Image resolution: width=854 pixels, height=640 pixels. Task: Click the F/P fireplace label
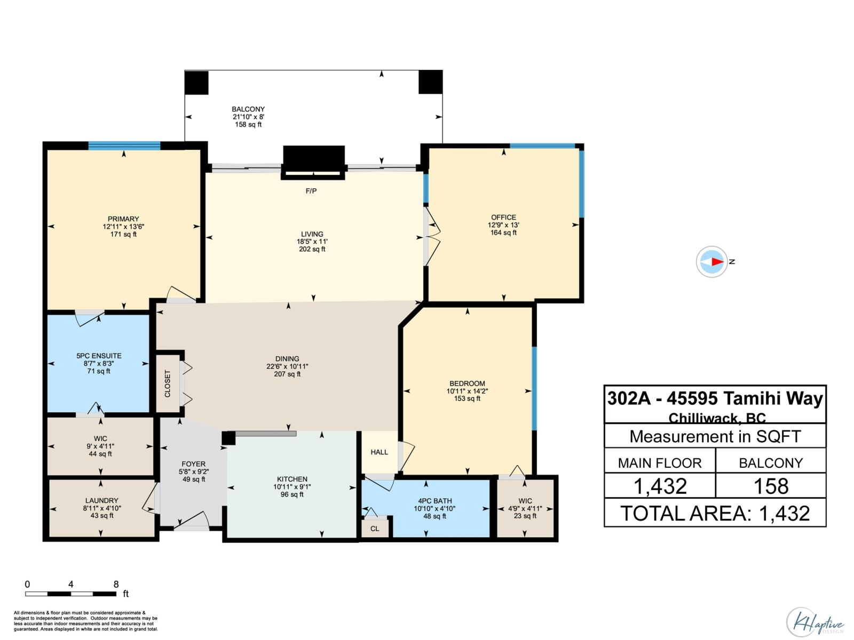click(x=311, y=191)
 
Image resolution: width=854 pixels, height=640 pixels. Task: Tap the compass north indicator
click(x=711, y=261)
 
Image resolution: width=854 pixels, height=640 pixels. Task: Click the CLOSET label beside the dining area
click(x=168, y=383)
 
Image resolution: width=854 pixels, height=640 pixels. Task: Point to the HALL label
click(x=379, y=452)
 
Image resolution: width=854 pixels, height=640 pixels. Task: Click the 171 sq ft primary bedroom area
click(x=123, y=234)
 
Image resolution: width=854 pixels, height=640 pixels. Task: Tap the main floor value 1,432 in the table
click(x=660, y=486)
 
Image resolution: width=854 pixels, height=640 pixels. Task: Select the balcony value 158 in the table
click(x=771, y=486)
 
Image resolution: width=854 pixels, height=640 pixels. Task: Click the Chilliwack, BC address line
click(x=717, y=418)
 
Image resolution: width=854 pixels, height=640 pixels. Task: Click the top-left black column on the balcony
click(x=196, y=82)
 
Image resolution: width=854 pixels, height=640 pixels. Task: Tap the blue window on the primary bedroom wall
click(x=124, y=146)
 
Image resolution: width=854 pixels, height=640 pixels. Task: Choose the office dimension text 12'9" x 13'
click(x=503, y=225)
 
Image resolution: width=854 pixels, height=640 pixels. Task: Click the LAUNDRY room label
click(x=101, y=500)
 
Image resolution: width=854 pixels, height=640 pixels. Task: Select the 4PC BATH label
click(x=434, y=501)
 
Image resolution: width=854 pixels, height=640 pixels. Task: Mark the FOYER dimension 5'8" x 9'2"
click(x=193, y=472)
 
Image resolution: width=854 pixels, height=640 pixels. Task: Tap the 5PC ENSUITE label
click(x=99, y=356)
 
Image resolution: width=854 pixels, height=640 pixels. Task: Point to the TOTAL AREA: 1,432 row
click(x=715, y=513)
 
